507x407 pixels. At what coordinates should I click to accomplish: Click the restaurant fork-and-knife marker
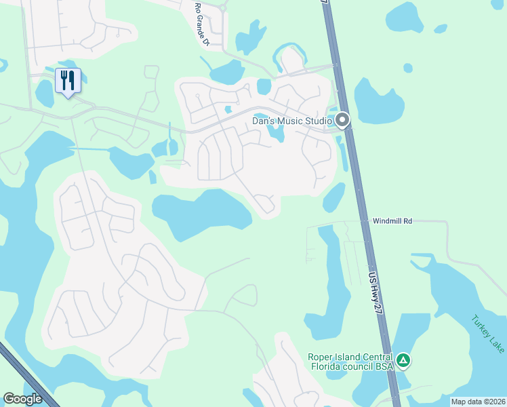click(x=68, y=81)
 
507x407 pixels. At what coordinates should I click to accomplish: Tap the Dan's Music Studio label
click(x=292, y=121)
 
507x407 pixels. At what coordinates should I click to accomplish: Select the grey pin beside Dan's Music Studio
click(x=342, y=121)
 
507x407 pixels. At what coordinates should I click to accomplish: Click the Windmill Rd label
click(x=392, y=221)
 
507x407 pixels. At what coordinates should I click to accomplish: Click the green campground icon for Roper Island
click(x=403, y=360)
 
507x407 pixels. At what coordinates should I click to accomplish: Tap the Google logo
click(x=23, y=399)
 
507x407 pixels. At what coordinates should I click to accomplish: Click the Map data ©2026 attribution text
click(x=477, y=402)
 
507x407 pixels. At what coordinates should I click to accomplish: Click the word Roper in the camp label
click(x=321, y=357)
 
